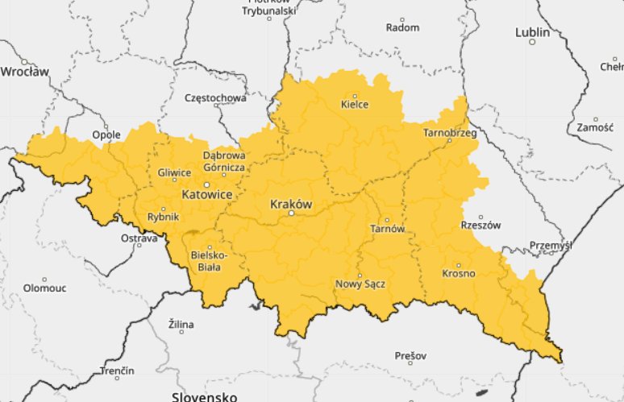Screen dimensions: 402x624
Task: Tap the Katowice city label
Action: pos(206,196)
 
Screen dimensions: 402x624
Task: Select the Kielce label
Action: pos(355,104)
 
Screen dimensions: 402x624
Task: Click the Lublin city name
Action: pos(532,33)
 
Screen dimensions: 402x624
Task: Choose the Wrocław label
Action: pos(24,72)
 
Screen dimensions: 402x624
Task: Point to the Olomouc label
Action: pos(44,288)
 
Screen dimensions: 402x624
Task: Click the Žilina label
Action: pos(181,325)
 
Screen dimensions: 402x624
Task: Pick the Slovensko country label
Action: pos(203,396)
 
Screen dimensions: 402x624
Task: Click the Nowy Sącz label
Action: pos(360,284)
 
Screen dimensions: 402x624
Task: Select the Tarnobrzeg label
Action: pos(450,131)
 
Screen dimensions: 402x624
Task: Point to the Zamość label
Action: pos(595,127)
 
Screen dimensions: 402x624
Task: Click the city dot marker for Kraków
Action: pos(292,213)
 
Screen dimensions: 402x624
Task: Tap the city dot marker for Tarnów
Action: pos(387,220)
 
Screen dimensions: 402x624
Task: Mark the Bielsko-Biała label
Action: pos(209,261)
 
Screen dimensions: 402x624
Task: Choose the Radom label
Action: pos(403,27)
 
